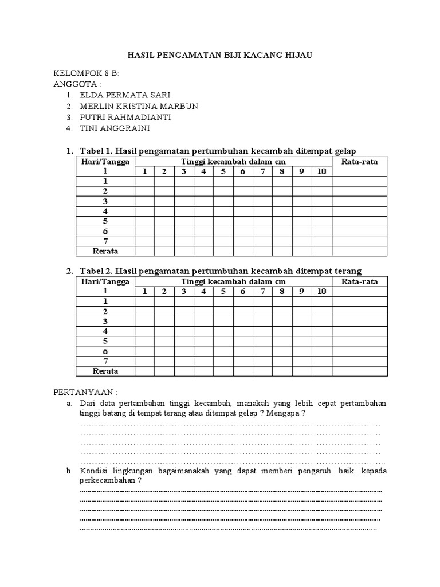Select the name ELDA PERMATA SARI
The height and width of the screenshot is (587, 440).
[x=125, y=95]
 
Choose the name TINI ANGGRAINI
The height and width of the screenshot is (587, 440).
[x=115, y=128]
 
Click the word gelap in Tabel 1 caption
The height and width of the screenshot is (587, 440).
[x=344, y=151]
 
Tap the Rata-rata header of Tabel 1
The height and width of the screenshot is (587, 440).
[x=359, y=162]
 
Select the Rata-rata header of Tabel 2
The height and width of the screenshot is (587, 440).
[x=359, y=281]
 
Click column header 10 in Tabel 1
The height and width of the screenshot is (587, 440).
[x=321, y=171]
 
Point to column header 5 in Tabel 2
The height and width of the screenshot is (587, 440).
[x=223, y=291]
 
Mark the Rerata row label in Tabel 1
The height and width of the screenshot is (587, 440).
[x=105, y=251]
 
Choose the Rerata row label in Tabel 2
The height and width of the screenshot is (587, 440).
[x=105, y=371]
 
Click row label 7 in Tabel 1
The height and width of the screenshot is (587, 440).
[x=105, y=241]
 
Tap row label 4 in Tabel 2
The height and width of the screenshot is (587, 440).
[x=105, y=331]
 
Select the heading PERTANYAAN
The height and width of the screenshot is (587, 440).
[x=85, y=393]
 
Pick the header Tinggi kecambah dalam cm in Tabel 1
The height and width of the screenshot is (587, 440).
[x=233, y=162]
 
